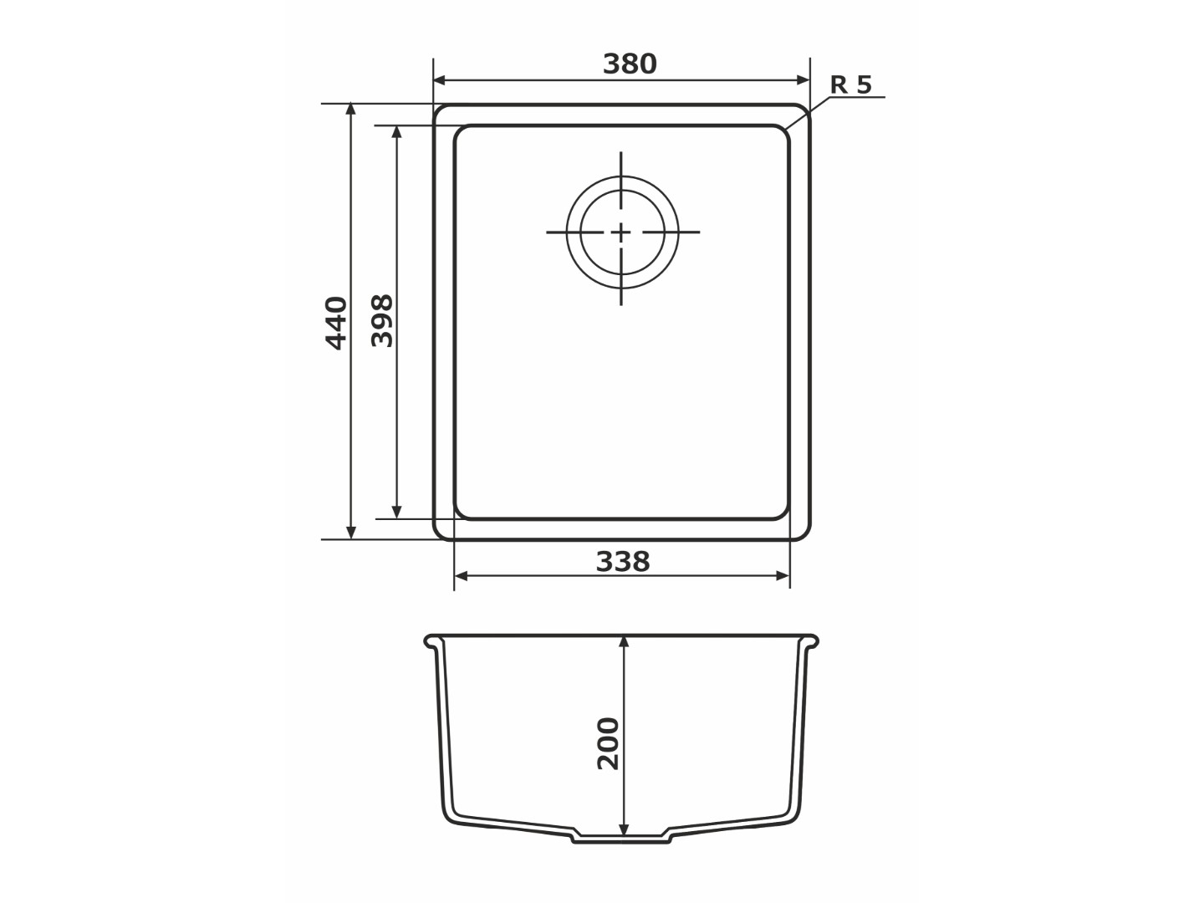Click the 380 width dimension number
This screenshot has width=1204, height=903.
tap(630, 64)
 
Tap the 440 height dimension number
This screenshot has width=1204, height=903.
tap(336, 323)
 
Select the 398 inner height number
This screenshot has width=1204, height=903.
tap(382, 321)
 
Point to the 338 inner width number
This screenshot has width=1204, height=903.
tap(623, 562)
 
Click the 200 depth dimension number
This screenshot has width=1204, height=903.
tap(608, 744)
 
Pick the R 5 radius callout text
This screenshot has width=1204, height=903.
tap(851, 85)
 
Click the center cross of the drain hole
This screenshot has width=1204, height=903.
tap(621, 232)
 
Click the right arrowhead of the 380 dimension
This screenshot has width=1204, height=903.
tap(803, 80)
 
